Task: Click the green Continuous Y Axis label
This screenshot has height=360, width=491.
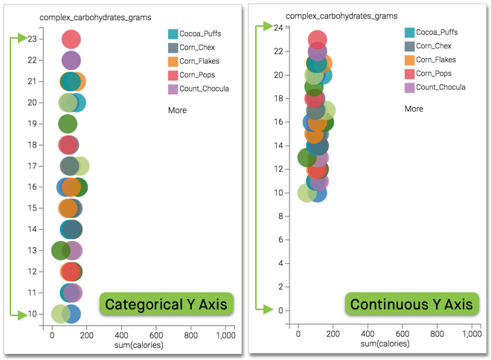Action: coord(411,304)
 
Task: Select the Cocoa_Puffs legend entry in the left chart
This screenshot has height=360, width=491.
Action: coord(200,33)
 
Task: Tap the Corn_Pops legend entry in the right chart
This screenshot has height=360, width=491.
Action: coord(433,74)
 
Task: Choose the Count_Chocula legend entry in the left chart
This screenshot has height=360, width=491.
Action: coord(204,89)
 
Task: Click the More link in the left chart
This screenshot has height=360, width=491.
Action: coord(177,110)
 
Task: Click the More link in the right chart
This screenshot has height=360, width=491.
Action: coord(414,109)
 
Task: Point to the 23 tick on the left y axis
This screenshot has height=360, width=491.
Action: coord(32,39)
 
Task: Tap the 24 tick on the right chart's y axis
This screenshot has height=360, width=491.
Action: coord(277,28)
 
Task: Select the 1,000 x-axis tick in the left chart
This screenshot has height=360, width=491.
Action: coord(225,335)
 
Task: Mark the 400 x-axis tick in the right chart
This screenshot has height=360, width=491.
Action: coord(368,335)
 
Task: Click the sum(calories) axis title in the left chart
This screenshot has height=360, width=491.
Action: coord(138,345)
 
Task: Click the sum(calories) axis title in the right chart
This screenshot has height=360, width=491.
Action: coord(385,344)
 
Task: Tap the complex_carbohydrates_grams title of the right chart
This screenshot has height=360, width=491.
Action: coord(341,15)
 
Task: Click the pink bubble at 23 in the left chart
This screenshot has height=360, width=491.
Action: coord(71,39)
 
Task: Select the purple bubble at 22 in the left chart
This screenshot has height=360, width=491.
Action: coord(71,60)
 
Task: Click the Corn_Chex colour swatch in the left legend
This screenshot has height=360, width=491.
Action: coord(173,48)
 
